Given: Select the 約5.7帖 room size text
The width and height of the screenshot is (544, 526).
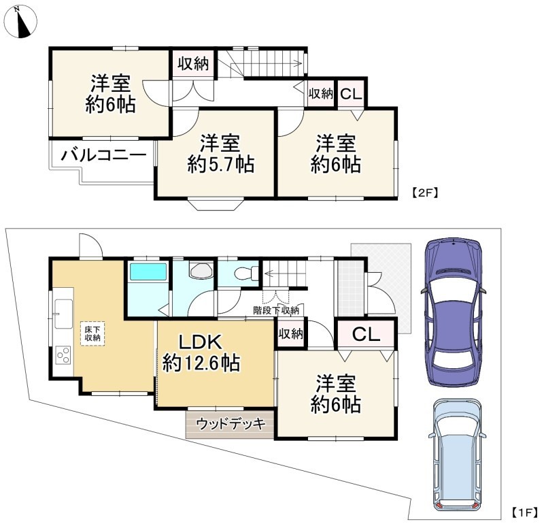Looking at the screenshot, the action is pos(221,164).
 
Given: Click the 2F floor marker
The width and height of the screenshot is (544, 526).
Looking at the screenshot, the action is pos(425,193).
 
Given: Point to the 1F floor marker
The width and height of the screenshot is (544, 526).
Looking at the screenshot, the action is pos(525,512).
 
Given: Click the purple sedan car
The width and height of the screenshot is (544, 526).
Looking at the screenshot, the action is pos(453,312).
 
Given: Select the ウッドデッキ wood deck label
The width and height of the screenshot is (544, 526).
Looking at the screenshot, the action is pos(231,424).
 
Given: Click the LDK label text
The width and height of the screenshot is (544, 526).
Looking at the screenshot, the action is pos(201,342).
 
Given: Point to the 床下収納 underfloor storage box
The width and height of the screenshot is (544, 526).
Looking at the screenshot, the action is pos(92,333).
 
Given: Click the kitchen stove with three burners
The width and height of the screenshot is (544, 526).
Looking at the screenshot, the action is pos(63,355).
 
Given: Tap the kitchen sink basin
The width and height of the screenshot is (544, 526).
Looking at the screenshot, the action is pos(63,313).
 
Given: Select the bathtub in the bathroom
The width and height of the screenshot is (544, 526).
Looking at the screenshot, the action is pos(148,272).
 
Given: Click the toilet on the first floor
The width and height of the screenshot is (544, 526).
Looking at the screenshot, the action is pos(246,274).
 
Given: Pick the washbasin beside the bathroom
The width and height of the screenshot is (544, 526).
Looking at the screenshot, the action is pos(201,269).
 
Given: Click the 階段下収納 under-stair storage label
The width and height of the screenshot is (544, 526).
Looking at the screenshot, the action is pos(276,310).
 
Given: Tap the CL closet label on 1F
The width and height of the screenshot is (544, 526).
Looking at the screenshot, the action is pos(366,334).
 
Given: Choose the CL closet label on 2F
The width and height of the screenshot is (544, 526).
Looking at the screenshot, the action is pos(351,94).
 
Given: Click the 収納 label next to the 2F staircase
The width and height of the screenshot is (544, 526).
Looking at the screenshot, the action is pos(193,63).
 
